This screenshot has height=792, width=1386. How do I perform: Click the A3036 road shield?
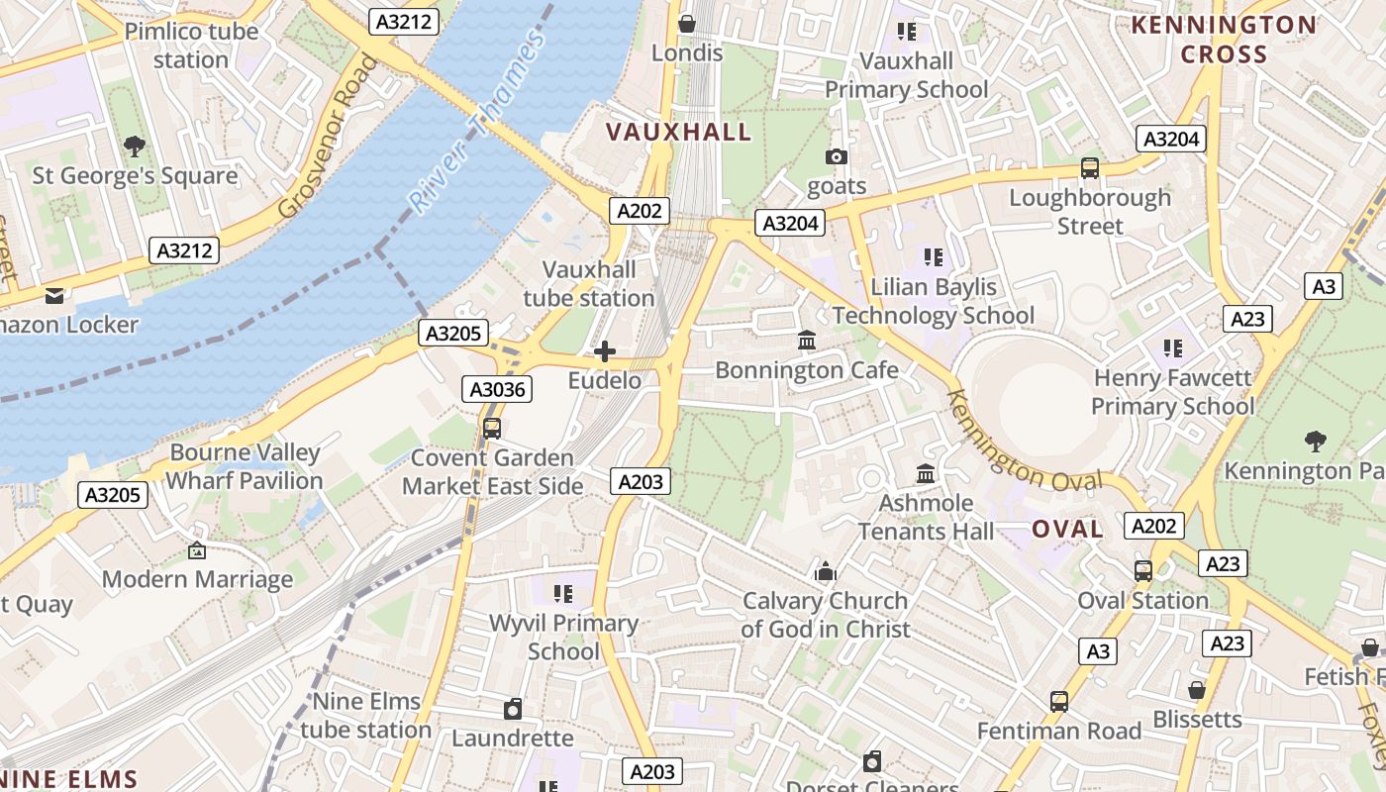(497, 389)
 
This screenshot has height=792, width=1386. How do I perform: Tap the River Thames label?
(478, 123)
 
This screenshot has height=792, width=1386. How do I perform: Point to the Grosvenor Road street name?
(329, 136)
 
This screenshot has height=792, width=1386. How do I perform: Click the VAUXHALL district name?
(678, 132)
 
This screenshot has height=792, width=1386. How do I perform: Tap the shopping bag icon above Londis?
(686, 23)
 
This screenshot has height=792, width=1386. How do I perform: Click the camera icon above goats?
(837, 156)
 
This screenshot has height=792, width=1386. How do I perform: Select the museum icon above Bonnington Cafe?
(807, 341)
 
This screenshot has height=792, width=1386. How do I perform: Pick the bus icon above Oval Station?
(1143, 571)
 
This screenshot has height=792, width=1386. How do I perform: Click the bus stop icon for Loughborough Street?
(1090, 168)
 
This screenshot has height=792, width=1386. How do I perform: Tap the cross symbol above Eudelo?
(604, 351)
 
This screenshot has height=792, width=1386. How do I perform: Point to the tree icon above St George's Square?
(135, 147)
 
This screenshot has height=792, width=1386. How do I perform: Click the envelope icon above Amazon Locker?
(54, 295)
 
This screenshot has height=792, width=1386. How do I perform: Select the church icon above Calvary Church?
(825, 571)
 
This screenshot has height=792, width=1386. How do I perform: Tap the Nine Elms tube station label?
(366, 716)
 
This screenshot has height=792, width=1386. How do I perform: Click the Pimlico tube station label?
(191, 46)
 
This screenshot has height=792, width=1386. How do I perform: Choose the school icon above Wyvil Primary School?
(563, 594)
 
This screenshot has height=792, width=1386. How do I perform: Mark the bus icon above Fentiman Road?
(1059, 702)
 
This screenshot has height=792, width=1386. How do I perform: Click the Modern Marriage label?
(198, 579)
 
